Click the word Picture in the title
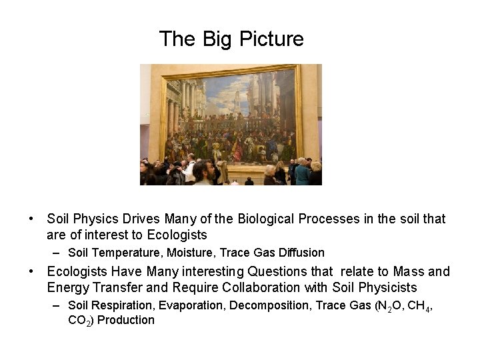(272, 39)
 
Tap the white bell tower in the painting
(236, 100)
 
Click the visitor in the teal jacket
(302, 173)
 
